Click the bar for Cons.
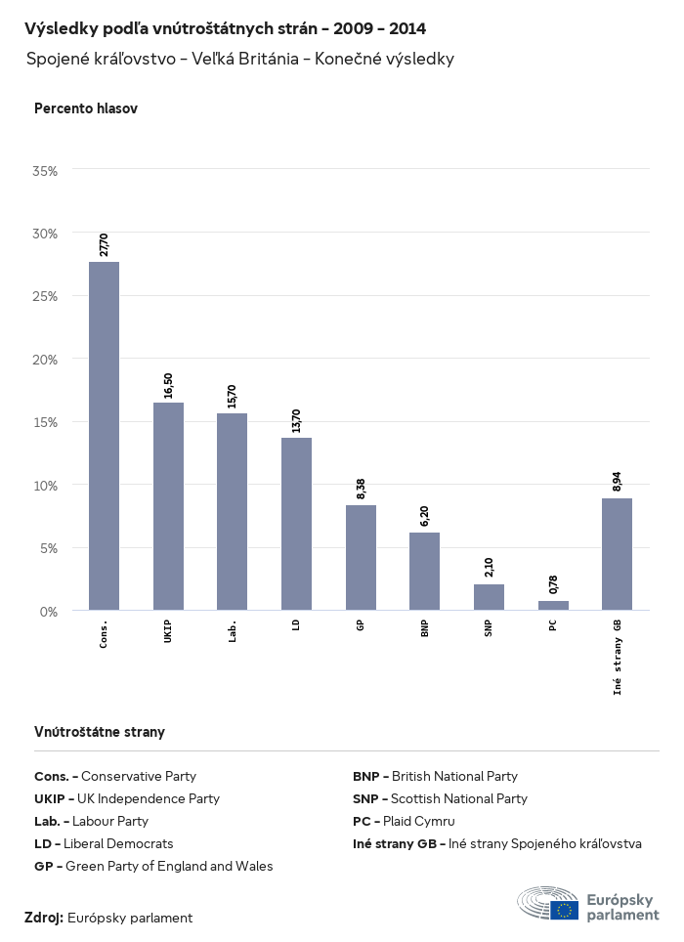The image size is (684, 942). tap(104, 436)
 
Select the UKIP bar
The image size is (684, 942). tap(168, 506)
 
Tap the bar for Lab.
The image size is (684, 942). tap(232, 512)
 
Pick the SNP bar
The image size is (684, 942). tap(489, 597)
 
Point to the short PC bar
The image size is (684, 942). tap(553, 606)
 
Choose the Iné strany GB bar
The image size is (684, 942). tap(617, 554)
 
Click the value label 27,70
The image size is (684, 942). tap(104, 244)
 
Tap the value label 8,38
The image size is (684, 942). tap(361, 489)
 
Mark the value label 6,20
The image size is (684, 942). tap(424, 516)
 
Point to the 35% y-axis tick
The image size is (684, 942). tap(46, 170)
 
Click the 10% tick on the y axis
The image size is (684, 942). tap(46, 485)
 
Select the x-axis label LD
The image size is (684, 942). tap(296, 624)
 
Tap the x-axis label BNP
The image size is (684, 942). tap(424, 628)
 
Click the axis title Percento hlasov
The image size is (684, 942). tap(86, 108)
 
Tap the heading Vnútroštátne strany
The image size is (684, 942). tap(100, 731)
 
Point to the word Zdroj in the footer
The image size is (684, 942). tap(44, 918)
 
